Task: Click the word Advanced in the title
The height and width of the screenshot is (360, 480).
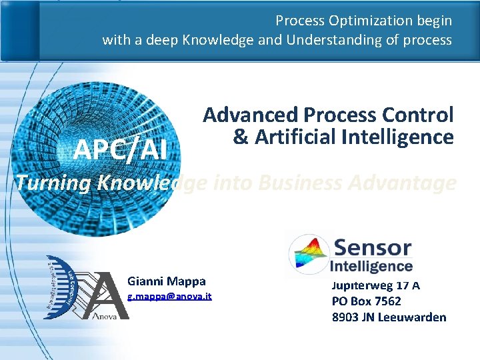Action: [x=250, y=115]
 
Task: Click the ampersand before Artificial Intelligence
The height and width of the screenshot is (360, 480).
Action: [x=240, y=137]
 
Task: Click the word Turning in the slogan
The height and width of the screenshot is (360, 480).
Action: [x=53, y=182]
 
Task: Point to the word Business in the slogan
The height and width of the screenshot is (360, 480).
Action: [x=297, y=182]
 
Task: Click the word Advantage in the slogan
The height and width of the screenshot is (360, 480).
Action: [x=407, y=182]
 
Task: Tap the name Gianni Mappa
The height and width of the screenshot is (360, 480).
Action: [x=166, y=281]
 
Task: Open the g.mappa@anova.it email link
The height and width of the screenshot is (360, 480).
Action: [x=169, y=295]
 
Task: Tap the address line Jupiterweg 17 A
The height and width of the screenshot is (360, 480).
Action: [x=375, y=285]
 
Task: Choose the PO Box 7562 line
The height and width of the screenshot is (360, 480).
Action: [x=366, y=301]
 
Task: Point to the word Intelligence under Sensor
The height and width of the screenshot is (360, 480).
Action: [x=371, y=266]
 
